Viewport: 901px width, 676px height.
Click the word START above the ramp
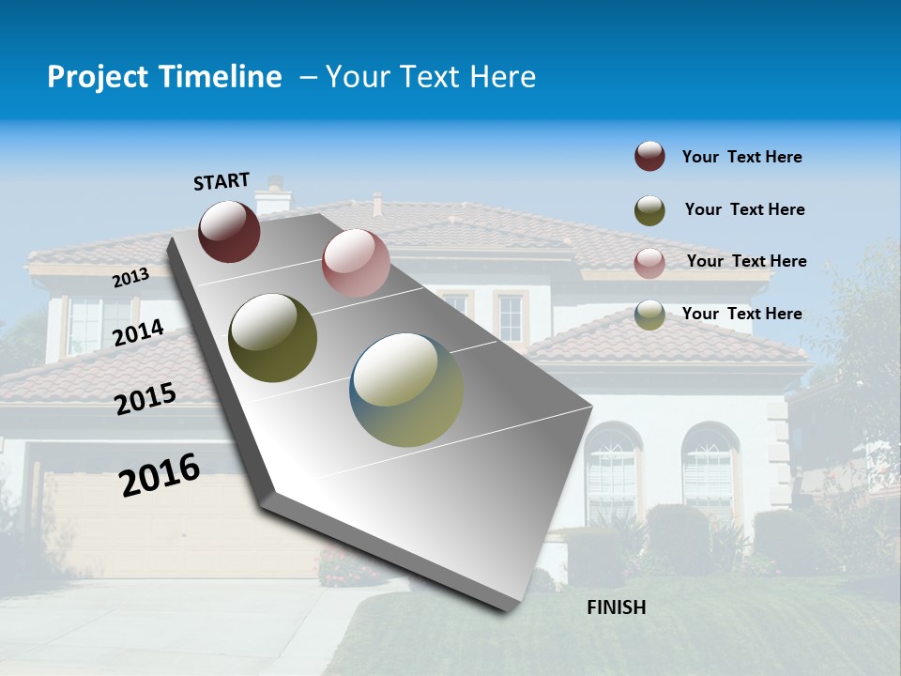(221, 180)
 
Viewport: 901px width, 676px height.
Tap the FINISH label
(617, 607)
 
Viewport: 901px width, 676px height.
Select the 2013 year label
(131, 277)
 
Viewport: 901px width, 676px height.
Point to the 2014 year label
(139, 333)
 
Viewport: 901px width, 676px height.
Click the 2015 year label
(145, 399)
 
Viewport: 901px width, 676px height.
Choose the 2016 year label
(160, 474)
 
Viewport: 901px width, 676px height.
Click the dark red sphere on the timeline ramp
(229, 231)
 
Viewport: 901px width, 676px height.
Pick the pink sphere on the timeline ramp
(356, 263)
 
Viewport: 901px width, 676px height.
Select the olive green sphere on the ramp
(273, 338)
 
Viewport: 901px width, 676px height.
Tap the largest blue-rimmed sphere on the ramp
(406, 390)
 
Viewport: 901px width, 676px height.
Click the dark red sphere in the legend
(649, 157)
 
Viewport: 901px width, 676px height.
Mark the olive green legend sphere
(649, 209)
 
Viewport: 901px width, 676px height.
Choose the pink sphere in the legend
(649, 262)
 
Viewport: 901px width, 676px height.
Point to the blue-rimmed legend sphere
(649, 315)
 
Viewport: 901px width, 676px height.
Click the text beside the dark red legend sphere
(741, 158)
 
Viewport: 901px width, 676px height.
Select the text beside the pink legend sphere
(746, 261)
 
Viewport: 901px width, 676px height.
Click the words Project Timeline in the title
(164, 77)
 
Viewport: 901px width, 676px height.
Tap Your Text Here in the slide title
(430, 77)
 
